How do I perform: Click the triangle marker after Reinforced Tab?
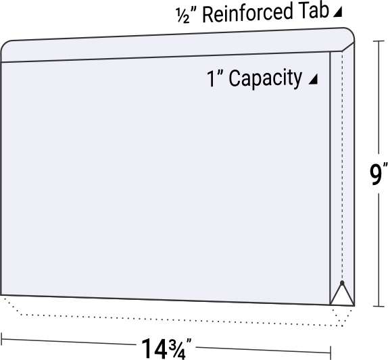(339, 12)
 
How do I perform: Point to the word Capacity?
(265, 78)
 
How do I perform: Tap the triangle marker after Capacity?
(312, 80)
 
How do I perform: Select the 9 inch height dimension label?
(377, 174)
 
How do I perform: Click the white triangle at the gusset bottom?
(342, 296)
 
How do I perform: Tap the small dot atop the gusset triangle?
(342, 282)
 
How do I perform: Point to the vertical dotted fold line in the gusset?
(342, 169)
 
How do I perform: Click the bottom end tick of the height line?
(377, 306)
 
